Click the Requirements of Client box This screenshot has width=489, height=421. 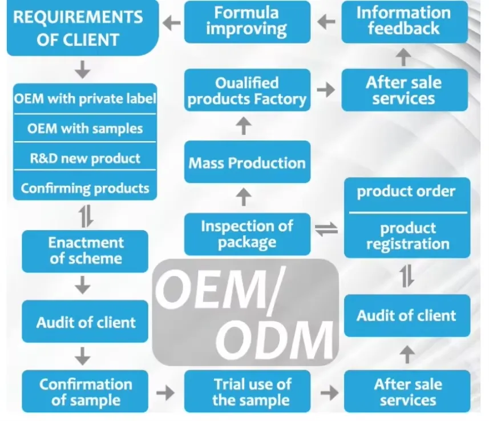(x=83, y=28)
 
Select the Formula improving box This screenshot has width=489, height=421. (x=247, y=22)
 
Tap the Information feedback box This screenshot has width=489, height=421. (x=405, y=22)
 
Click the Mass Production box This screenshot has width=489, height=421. (x=247, y=162)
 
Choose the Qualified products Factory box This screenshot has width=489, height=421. (x=247, y=90)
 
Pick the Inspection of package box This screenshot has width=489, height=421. (x=247, y=234)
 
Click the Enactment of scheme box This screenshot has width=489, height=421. (x=85, y=251)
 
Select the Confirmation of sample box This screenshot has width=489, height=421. (x=85, y=391)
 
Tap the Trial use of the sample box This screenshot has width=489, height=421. (x=247, y=391)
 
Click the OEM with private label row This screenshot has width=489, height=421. (x=85, y=99)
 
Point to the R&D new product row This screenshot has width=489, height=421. (x=85, y=158)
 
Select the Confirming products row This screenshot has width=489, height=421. (x=85, y=189)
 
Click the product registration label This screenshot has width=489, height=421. (x=408, y=236)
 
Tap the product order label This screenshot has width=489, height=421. (x=406, y=191)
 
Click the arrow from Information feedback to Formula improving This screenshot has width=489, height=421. (x=326, y=22)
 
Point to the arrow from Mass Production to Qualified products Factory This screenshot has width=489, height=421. (x=244, y=126)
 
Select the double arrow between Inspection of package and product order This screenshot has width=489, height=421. (x=326, y=230)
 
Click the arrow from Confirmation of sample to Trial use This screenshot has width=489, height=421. (x=165, y=392)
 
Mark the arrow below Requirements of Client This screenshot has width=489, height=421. (x=83, y=70)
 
